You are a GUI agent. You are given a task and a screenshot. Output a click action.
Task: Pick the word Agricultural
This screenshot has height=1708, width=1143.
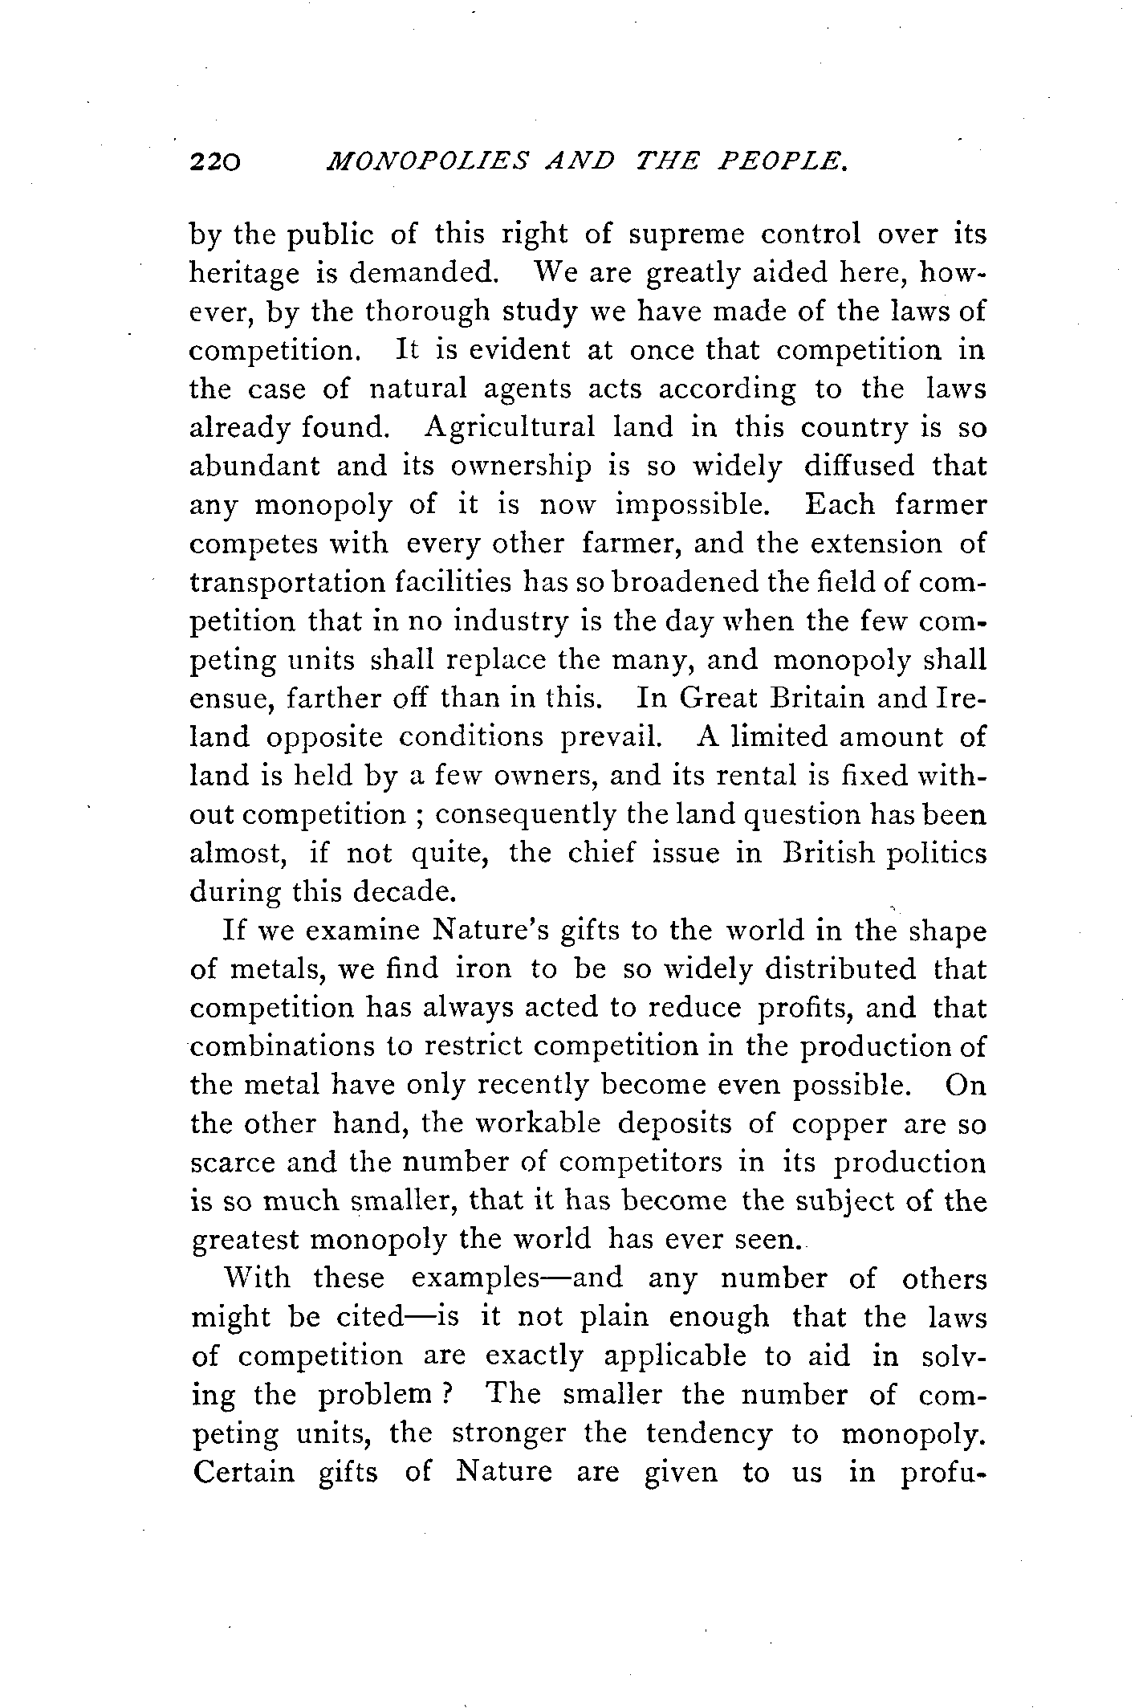[x=510, y=427]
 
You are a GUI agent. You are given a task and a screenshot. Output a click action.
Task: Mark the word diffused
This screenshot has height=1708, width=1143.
[x=853, y=467]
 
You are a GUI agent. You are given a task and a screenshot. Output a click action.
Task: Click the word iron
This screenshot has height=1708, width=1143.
[x=483, y=969]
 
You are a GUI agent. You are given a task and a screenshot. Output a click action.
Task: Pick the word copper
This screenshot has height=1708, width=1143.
[x=839, y=1124]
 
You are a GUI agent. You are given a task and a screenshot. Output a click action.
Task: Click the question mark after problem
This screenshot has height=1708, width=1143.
[x=450, y=1396]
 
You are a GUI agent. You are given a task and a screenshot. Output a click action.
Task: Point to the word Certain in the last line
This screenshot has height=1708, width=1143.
[x=245, y=1473]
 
